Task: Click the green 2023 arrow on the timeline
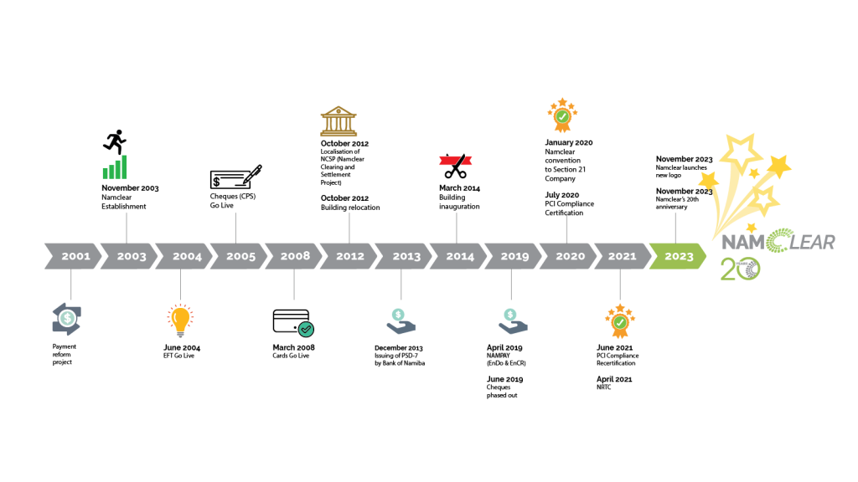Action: click(x=677, y=256)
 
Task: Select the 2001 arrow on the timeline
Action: click(x=74, y=256)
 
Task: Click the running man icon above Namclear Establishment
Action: click(x=115, y=142)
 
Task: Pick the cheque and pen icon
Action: click(x=235, y=177)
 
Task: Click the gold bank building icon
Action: click(x=339, y=121)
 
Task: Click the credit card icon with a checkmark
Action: click(x=293, y=323)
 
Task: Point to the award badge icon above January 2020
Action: click(x=562, y=115)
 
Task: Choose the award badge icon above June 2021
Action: click(x=620, y=321)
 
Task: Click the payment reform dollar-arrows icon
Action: click(x=67, y=319)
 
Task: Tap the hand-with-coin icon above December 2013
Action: click(x=401, y=321)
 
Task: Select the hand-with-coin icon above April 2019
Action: click(x=513, y=321)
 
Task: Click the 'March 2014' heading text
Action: click(x=459, y=188)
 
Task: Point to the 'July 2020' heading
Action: click(x=561, y=195)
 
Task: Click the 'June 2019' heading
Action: click(x=504, y=379)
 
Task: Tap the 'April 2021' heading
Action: click(x=614, y=379)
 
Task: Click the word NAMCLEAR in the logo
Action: click(x=778, y=242)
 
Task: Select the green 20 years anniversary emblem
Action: click(x=741, y=269)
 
